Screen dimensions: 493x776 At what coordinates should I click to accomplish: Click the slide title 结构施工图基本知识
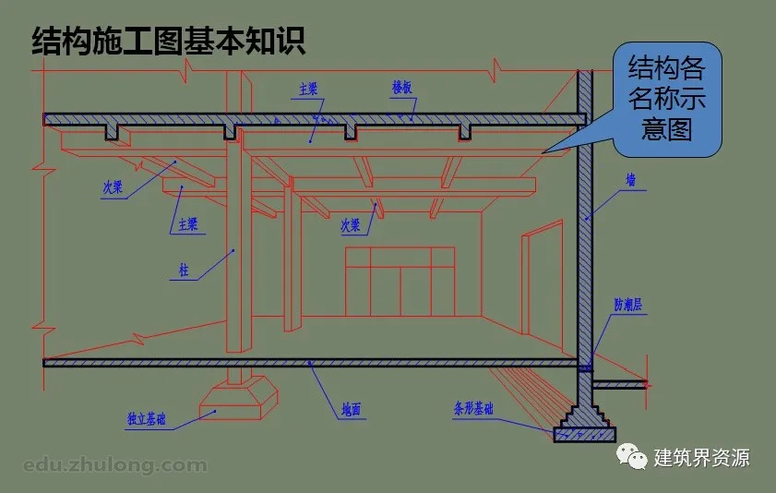[168, 42]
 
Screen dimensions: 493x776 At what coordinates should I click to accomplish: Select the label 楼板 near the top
[401, 87]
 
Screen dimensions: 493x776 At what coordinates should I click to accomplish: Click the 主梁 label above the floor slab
[308, 90]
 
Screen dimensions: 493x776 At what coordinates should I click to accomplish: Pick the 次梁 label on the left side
[113, 186]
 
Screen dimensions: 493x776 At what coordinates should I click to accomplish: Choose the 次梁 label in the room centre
[351, 224]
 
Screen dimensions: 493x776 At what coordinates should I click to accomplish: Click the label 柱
[184, 271]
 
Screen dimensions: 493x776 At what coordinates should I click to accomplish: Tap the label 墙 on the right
[631, 181]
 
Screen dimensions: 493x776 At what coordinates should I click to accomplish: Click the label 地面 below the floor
[351, 407]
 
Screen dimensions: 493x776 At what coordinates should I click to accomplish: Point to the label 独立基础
[147, 420]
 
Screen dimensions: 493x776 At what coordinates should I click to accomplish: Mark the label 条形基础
[473, 406]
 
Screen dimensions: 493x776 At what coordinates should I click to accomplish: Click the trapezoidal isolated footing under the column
[239, 397]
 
